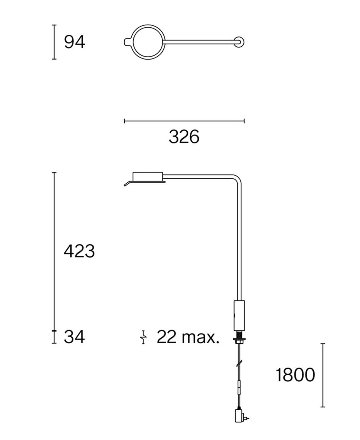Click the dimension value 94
(x=74, y=42)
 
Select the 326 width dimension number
(x=184, y=137)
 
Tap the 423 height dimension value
(x=79, y=251)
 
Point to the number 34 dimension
(x=74, y=337)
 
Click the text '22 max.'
(x=188, y=337)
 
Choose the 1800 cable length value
(x=295, y=375)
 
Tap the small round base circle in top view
(x=239, y=42)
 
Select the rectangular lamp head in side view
(x=148, y=176)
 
